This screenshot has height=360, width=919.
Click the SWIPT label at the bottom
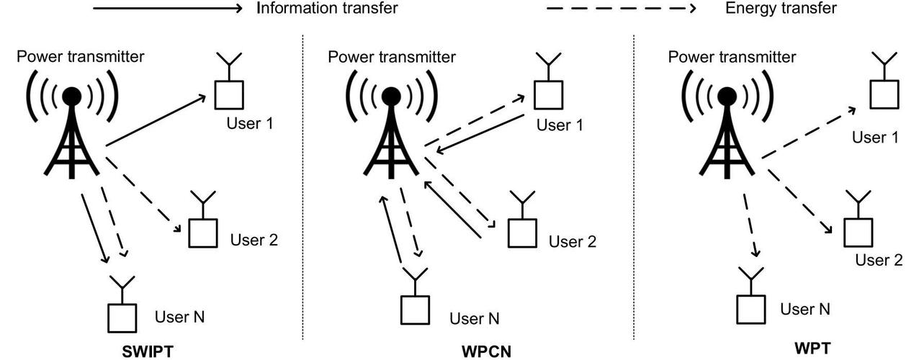[x=148, y=351]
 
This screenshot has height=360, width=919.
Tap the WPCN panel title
[x=487, y=351]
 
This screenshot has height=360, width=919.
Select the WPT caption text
[x=812, y=348]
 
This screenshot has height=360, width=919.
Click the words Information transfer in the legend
[x=327, y=8]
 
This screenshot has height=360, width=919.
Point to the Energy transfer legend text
[x=781, y=8]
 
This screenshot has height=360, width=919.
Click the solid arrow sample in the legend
[x=168, y=8]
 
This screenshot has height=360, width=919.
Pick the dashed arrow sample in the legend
[x=621, y=8]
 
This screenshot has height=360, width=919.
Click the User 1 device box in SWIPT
[x=229, y=95]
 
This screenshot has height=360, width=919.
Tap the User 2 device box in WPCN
[x=522, y=233]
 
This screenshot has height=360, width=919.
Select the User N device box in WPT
[x=750, y=310]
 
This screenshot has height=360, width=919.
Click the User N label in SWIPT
[x=180, y=317]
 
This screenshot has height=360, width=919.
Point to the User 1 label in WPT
[x=875, y=138]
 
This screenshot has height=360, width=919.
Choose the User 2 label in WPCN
[x=573, y=242]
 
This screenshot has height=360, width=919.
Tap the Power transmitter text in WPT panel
[x=732, y=57]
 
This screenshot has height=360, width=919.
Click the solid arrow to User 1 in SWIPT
[x=156, y=120]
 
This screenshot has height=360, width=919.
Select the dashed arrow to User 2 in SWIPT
[x=143, y=195]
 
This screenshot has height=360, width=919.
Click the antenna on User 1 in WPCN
[x=549, y=66]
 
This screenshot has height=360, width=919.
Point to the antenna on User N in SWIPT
[x=122, y=290]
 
